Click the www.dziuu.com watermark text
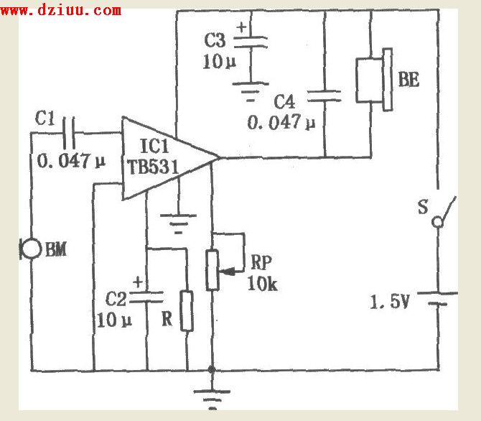click(x=62, y=10)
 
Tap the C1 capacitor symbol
click(x=69, y=132)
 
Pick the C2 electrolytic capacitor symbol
click(x=147, y=295)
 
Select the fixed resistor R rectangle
click(x=187, y=311)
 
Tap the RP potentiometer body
click(x=213, y=269)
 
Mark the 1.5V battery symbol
click(x=437, y=298)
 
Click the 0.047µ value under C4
click(x=281, y=123)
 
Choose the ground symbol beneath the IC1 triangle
click(x=177, y=220)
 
